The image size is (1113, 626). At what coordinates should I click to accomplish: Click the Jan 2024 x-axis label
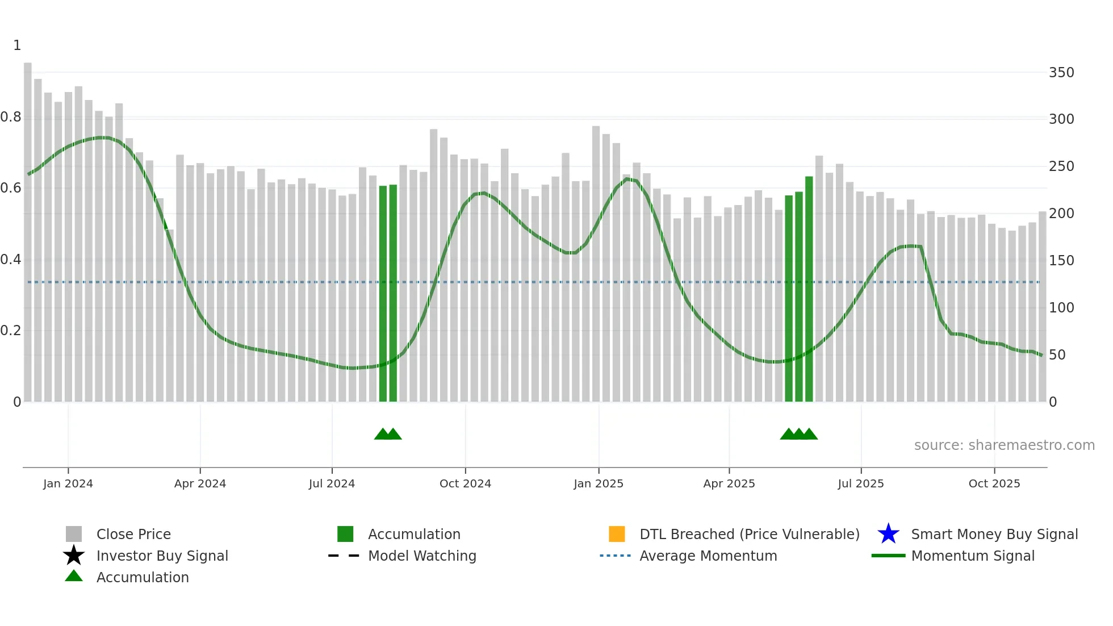click(x=68, y=483)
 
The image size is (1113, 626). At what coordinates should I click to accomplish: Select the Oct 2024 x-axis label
click(x=465, y=483)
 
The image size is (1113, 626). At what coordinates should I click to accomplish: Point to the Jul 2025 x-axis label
click(x=860, y=483)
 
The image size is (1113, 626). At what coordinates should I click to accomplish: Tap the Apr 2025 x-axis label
click(x=729, y=483)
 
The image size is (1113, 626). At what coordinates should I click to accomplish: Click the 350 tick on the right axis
click(x=1061, y=73)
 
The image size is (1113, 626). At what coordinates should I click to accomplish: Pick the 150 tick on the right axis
click(x=1061, y=261)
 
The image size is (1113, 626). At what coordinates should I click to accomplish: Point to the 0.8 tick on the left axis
click(x=11, y=117)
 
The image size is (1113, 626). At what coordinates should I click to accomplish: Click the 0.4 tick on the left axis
click(x=11, y=260)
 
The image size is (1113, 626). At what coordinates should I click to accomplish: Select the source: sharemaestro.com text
click(x=1004, y=445)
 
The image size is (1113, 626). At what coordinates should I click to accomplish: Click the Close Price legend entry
click(x=133, y=534)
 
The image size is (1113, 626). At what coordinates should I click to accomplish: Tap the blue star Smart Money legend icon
click(x=888, y=534)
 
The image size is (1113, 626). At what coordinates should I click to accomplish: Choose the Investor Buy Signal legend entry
click(x=162, y=556)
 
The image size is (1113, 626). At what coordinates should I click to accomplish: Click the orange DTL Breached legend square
click(x=617, y=534)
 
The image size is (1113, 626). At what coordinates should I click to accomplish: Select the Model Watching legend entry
click(x=422, y=556)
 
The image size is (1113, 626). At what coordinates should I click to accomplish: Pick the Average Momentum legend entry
click(x=708, y=556)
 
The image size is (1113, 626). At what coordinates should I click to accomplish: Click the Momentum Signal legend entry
click(x=973, y=556)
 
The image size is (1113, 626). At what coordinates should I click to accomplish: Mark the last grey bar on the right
click(x=1042, y=307)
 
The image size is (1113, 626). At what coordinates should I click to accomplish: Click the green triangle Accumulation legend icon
click(x=74, y=576)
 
